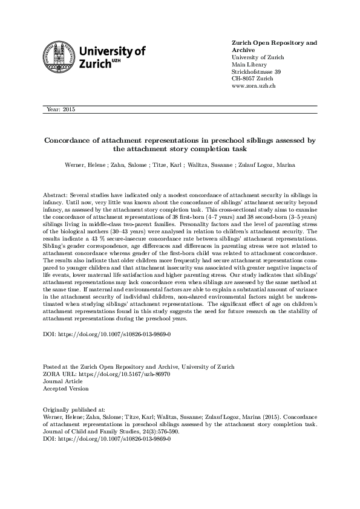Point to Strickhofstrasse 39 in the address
pos(257,72)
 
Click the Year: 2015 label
pos(60,109)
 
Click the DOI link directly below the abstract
pos(107,334)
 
